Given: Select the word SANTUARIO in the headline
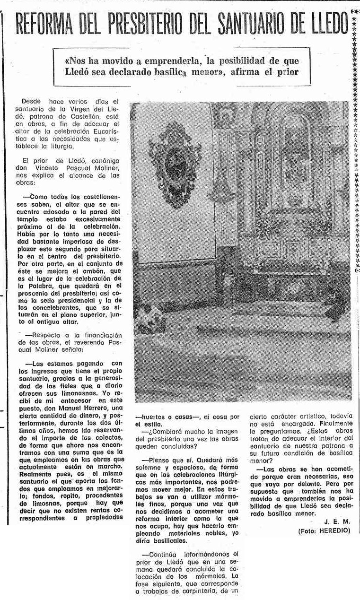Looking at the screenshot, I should tap(263, 24).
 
